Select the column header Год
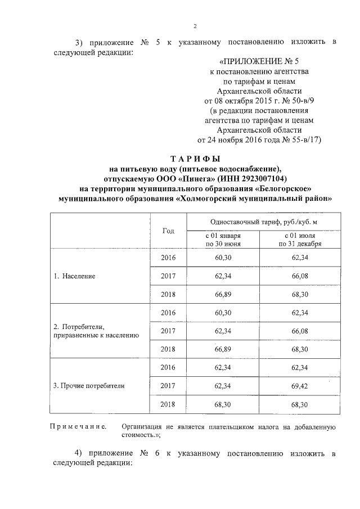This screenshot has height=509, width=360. coord(168,231)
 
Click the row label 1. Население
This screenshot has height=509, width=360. coord(74,277)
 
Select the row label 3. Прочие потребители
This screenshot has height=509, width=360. coord(88,386)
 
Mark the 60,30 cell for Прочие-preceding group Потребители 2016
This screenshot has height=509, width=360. coord(223,313)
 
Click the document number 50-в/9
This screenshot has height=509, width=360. coord(293,100)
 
